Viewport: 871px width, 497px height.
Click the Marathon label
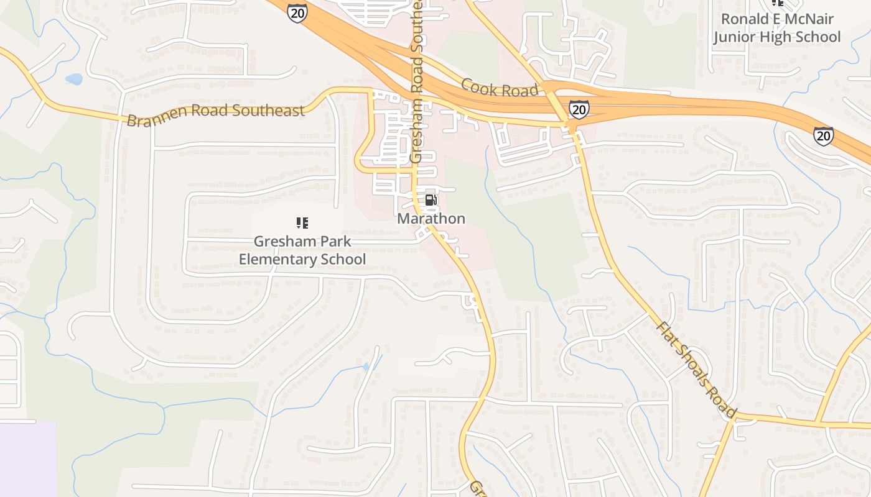pyautogui.click(x=431, y=219)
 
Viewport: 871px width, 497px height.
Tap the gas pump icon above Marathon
pyautogui.click(x=431, y=200)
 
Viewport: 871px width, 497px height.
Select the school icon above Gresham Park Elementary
pyautogui.click(x=302, y=222)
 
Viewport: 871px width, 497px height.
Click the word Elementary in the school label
pyautogui.click(x=277, y=259)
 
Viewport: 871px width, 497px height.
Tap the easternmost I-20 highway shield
pyautogui.click(x=823, y=135)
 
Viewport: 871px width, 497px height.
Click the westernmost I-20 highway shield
pyautogui.click(x=297, y=12)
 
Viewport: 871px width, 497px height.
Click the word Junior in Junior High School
pyautogui.click(x=735, y=37)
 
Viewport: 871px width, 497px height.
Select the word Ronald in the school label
pyautogui.click(x=743, y=19)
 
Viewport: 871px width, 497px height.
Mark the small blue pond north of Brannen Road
pyautogui.click(x=73, y=79)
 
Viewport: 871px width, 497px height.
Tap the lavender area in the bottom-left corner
pyautogui.click(x=27, y=460)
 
